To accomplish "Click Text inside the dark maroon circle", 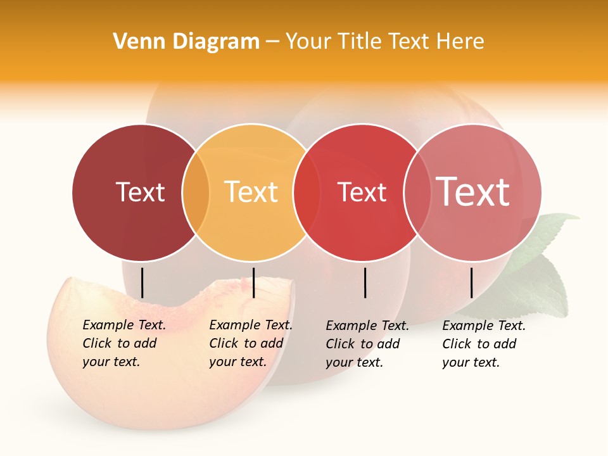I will tap(140, 192).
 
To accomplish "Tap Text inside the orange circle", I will tap(251, 192).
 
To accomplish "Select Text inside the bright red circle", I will tap(362, 192).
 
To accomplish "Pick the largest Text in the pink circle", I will tap(473, 192).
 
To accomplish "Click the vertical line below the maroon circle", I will tap(142, 282).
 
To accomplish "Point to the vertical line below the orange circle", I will tap(253, 282).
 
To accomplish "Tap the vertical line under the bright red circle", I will tap(365, 282).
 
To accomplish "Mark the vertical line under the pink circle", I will tap(472, 282).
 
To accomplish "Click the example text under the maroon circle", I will tap(123, 343).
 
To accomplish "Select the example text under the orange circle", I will tap(250, 343).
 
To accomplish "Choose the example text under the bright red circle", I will tap(367, 344).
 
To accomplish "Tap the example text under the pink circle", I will tap(483, 344).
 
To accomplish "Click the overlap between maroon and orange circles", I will tap(196, 192).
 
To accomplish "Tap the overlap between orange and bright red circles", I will tap(306, 192).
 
